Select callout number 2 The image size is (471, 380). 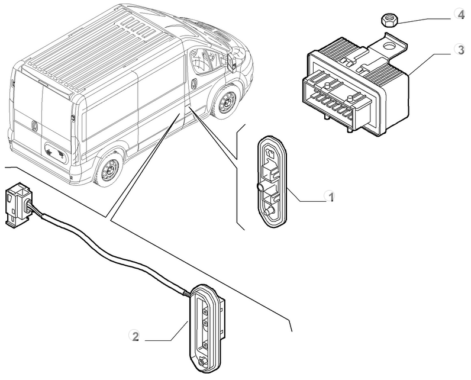tap(136, 337)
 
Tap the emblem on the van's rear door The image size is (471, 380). tap(34, 125)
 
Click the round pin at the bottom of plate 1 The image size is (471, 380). tap(269, 212)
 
